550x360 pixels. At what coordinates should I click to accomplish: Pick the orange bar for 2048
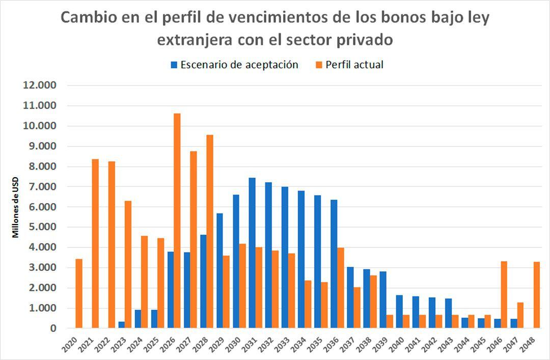536,295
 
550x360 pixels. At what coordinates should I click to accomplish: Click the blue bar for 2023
122,325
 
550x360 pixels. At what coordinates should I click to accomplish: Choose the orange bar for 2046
504,295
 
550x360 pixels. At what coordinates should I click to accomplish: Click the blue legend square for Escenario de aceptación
174,65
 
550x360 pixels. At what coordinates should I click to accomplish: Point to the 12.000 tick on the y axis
40,85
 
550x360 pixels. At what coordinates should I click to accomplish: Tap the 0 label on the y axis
53,328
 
